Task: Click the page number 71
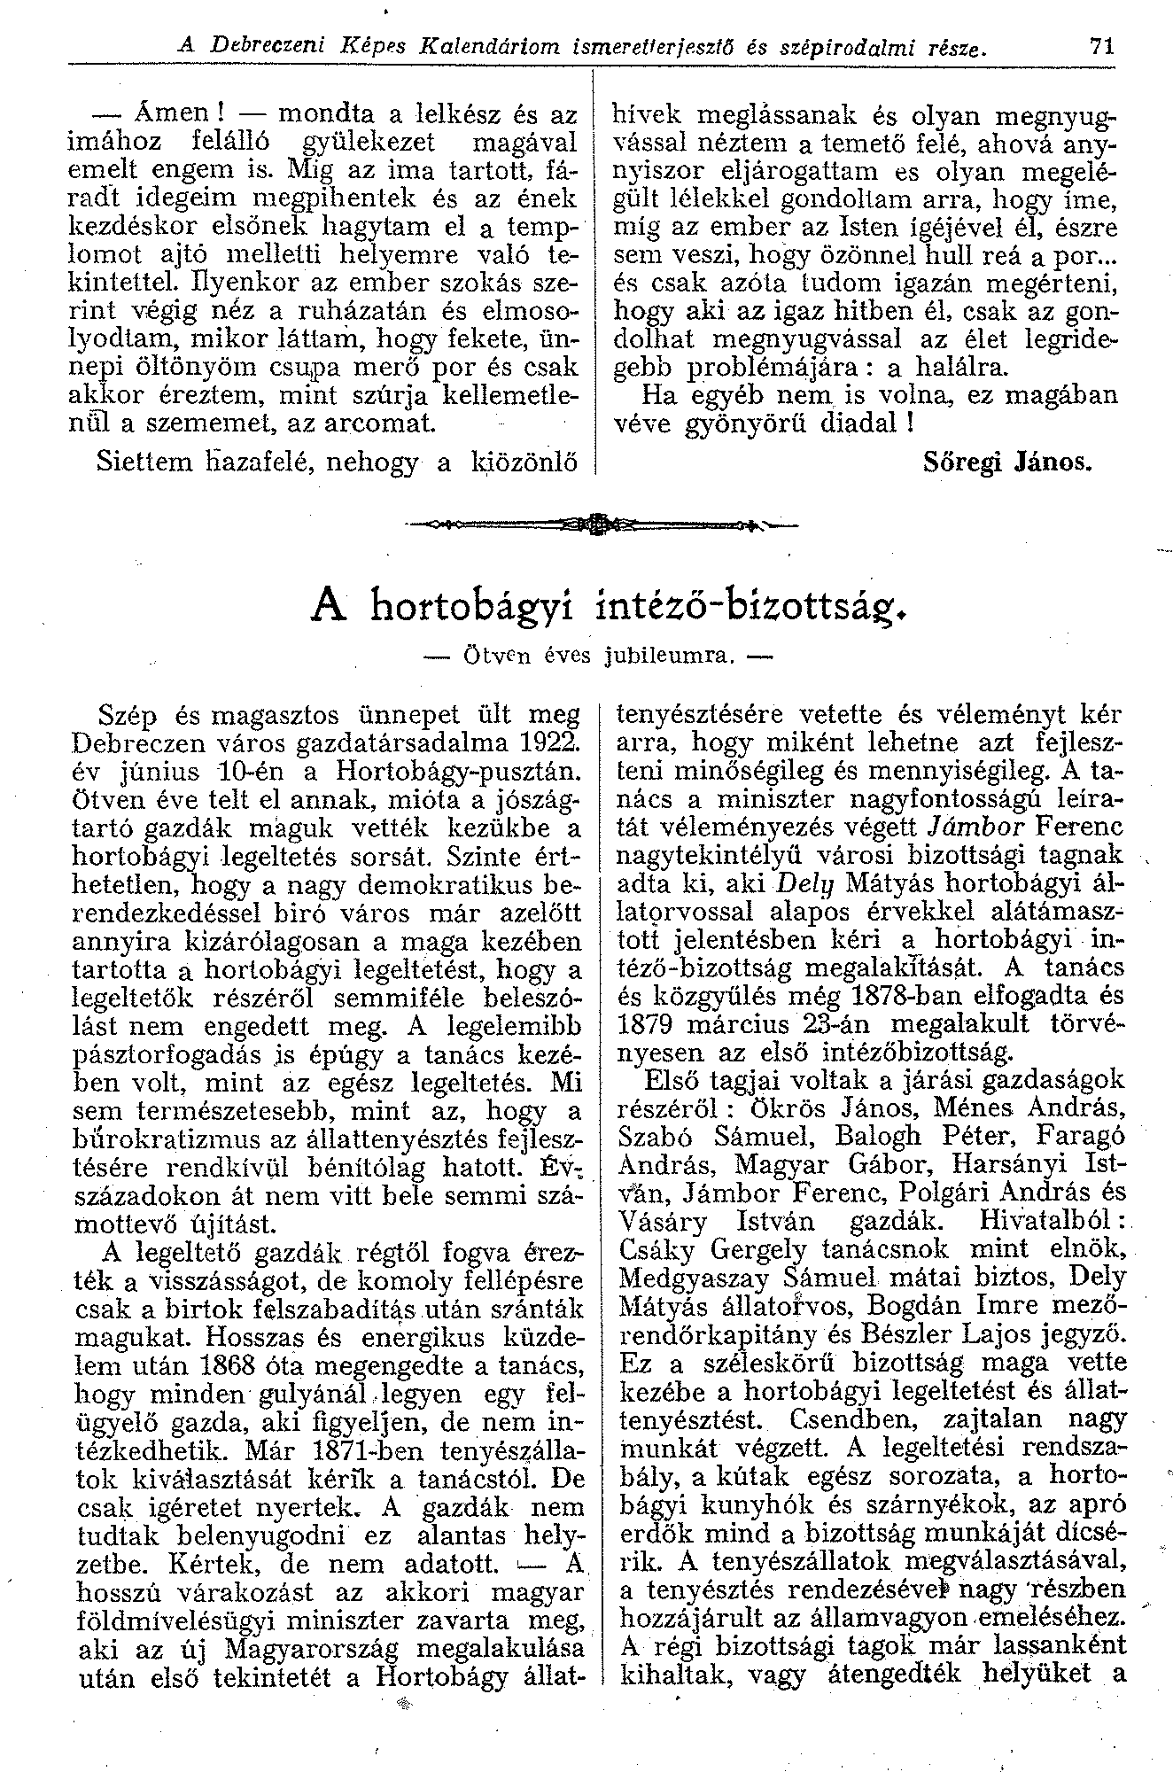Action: pos(1101,49)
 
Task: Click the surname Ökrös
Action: pos(785,1108)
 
